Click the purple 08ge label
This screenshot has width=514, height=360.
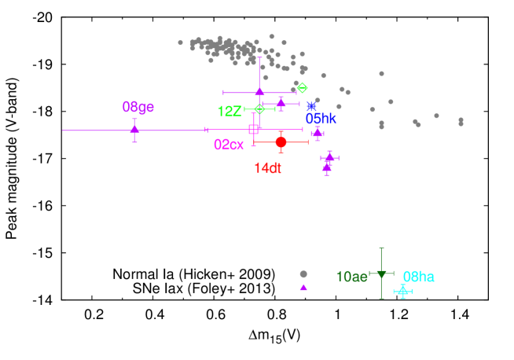(138, 107)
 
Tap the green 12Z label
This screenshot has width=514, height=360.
(229, 112)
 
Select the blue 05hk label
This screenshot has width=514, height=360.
(321, 119)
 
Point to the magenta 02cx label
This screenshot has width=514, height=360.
(229, 145)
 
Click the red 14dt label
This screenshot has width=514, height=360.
(267, 167)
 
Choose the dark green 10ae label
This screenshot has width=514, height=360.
(351, 277)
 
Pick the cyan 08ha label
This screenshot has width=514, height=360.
(418, 277)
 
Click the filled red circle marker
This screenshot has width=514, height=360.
(281, 142)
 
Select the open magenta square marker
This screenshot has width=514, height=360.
(253, 129)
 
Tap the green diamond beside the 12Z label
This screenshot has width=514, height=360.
(259, 109)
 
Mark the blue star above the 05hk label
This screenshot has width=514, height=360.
(311, 106)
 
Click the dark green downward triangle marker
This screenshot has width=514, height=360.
(381, 274)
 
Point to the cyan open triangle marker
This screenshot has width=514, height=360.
(402, 292)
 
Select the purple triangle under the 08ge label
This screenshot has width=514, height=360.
(134, 129)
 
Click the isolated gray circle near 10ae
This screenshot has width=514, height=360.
(303, 274)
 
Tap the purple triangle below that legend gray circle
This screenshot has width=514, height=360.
(303, 288)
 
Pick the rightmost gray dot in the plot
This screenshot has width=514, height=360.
(461, 122)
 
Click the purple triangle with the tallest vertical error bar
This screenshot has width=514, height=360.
(259, 92)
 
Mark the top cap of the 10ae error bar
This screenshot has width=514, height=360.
(381, 248)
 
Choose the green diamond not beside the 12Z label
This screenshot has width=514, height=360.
(302, 88)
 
